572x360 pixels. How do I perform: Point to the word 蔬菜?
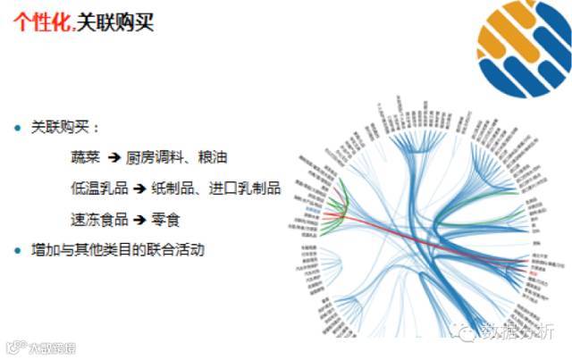coord(87,157)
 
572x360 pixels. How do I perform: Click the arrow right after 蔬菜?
coord(114,157)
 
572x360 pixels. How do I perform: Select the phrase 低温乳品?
coord(99,188)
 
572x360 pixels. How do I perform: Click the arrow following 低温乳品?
coord(139,188)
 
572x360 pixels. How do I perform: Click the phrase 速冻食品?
coord(99,219)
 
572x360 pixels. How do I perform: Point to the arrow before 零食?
coord(139,219)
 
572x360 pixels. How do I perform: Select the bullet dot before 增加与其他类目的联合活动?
coord(17,249)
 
